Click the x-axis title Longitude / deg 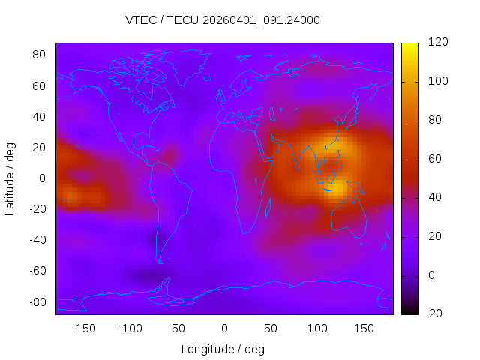(x=223, y=349)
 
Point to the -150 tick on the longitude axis (x=84, y=328)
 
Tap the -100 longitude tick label (x=130, y=328)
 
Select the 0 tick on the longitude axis (x=224, y=328)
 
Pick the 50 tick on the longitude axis (x=271, y=328)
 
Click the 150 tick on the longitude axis (x=364, y=328)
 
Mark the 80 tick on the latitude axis (x=40, y=55)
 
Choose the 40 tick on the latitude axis (x=40, y=117)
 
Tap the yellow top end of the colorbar (x=409, y=46)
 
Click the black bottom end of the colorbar (x=409, y=311)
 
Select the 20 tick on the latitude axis (x=40, y=148)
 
